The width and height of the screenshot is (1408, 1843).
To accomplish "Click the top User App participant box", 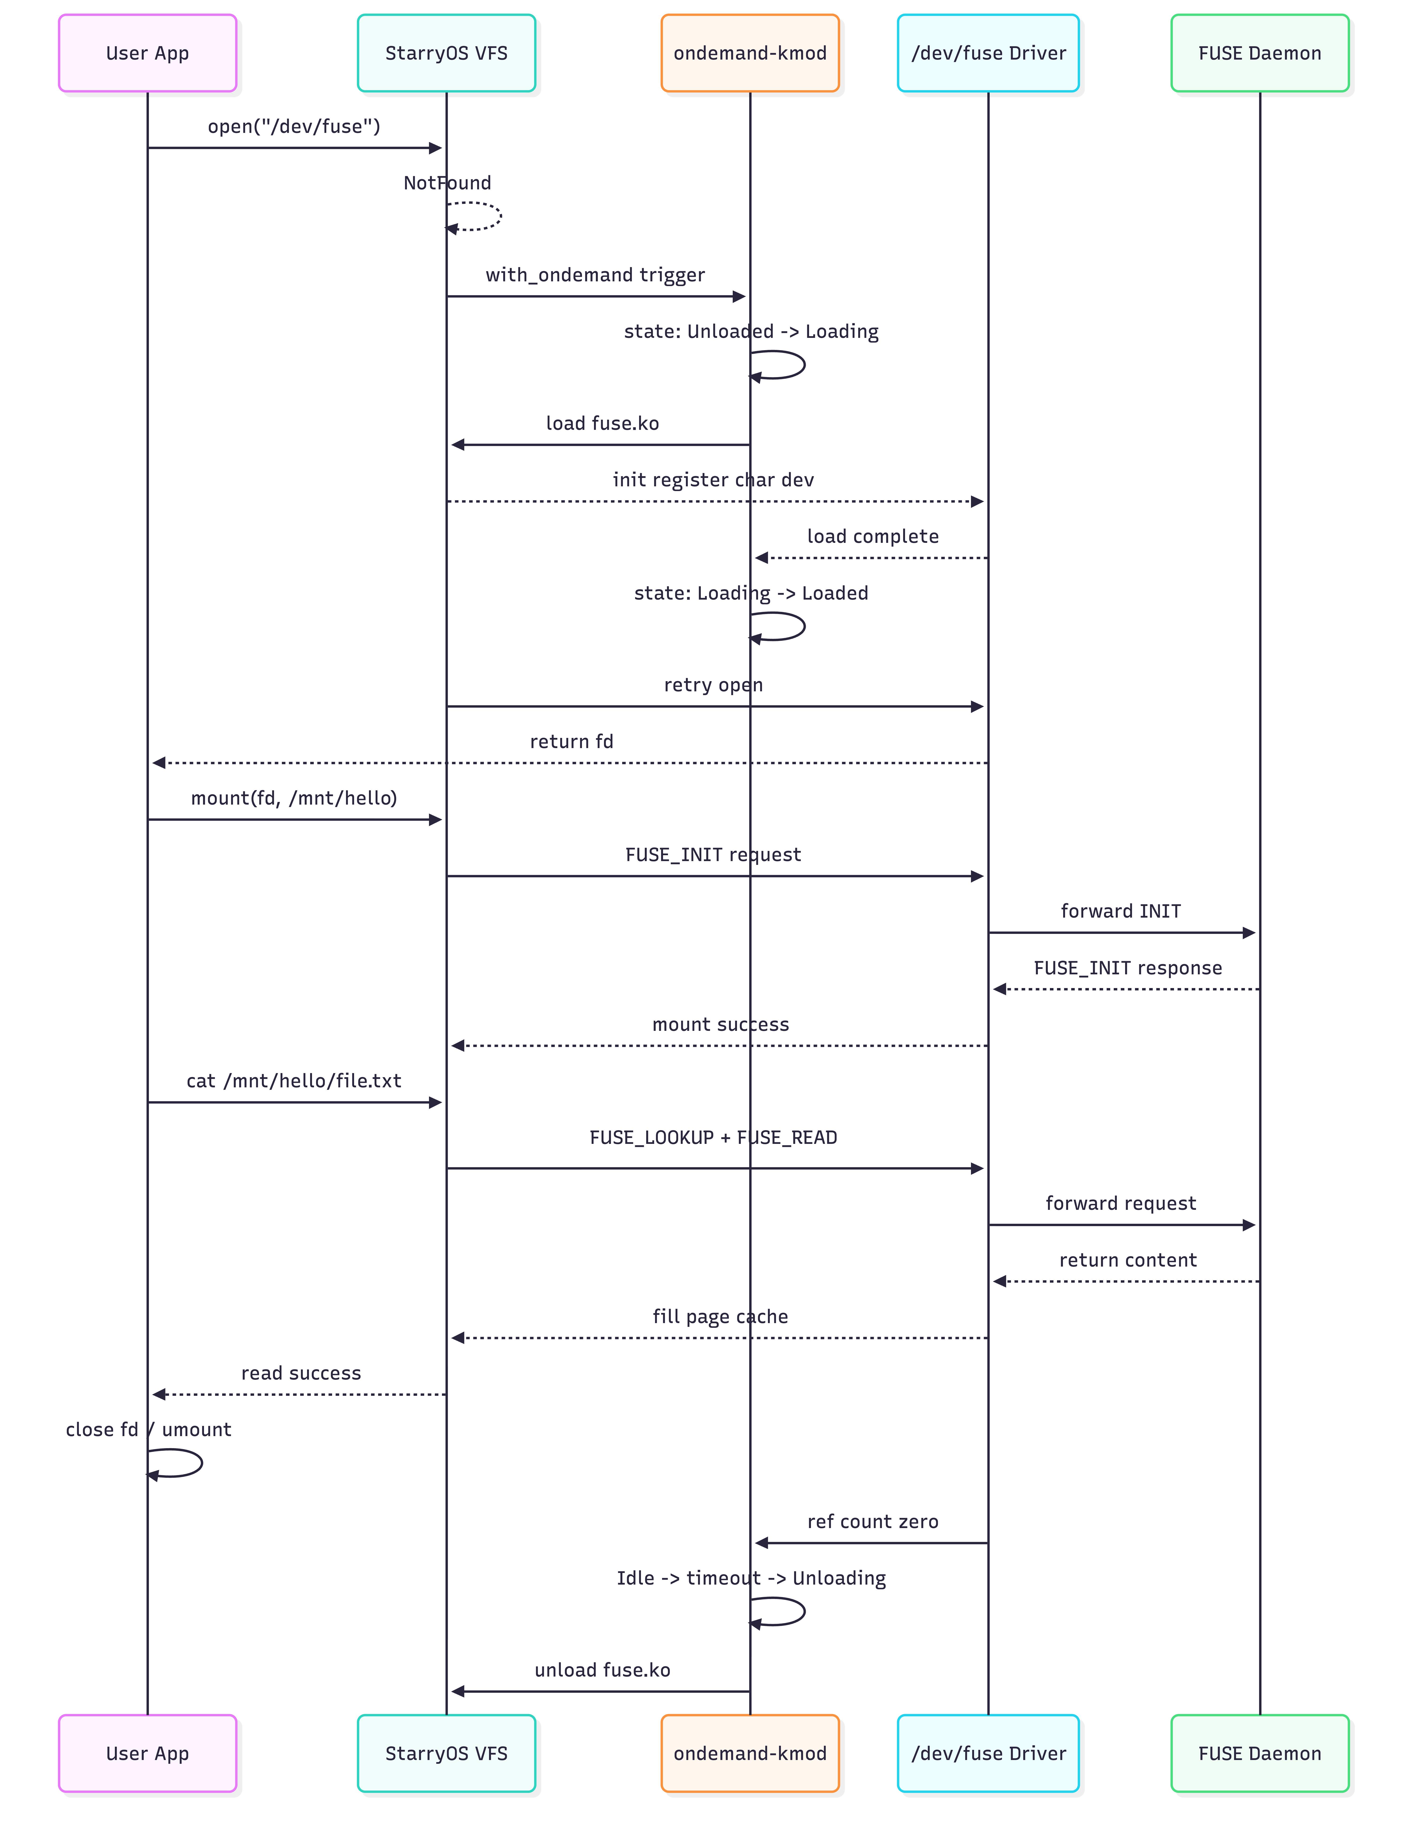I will click(x=147, y=53).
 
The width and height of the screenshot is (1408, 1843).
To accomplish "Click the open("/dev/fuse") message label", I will click(x=294, y=126).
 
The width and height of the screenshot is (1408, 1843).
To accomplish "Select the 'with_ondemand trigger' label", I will click(x=595, y=275).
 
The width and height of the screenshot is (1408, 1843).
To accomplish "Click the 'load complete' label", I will click(x=872, y=536).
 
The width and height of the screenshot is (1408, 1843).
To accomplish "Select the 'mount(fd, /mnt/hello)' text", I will click(x=294, y=798).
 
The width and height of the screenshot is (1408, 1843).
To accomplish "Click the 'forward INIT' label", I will click(x=1121, y=911).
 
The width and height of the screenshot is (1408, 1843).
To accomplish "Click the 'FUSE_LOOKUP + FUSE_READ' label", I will click(x=713, y=1137).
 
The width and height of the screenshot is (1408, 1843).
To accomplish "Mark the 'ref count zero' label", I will click(x=872, y=1521).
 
